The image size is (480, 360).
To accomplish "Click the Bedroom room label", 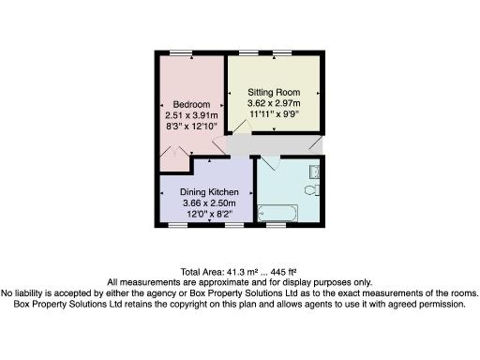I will pos(192,103).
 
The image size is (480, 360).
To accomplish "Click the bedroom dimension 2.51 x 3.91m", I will pos(192,113).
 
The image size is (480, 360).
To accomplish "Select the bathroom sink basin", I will pos(316,171).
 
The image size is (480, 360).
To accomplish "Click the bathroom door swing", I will pos(271,162).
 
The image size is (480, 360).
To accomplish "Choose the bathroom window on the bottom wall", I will pos(274,226).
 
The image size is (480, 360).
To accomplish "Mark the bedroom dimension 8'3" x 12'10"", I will pos(192,124).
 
